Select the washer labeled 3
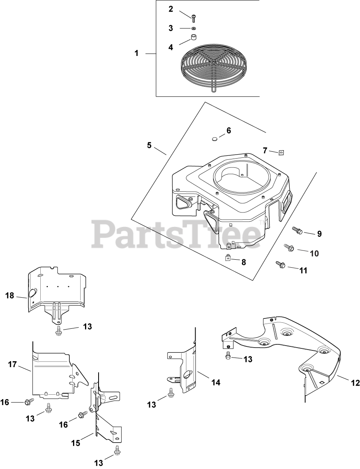point(194,29)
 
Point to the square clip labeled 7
point(281,152)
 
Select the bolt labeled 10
point(289,248)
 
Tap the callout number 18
point(10,296)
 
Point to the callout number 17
point(13,364)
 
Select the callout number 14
point(216,382)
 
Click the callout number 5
point(149,145)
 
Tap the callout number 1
point(136,53)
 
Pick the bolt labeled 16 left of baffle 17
point(29,401)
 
